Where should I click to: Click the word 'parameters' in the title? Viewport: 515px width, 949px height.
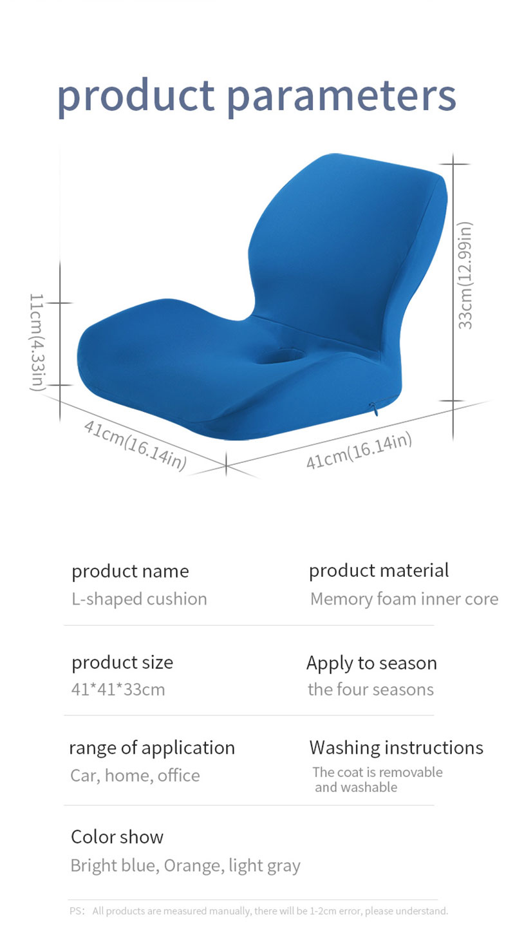341,97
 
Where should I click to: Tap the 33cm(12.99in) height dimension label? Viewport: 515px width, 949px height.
465,276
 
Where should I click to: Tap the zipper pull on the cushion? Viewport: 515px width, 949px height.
373,409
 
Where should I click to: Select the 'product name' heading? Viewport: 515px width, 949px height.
130,572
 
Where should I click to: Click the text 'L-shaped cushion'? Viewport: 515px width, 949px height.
139,599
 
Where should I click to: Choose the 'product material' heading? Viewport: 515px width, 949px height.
379,570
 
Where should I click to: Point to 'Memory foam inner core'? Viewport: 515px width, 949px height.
404,599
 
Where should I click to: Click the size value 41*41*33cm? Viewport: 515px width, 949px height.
118,690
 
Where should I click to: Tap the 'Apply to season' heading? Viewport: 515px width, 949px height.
371,663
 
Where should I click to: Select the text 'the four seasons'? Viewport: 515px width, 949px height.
371,690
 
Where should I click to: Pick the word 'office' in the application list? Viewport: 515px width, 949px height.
179,775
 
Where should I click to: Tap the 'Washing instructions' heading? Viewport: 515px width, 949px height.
396,747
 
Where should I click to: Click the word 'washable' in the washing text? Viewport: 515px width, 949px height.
369,787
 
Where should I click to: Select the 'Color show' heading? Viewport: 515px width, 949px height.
117,837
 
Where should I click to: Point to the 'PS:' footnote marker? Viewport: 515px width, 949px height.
77,911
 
